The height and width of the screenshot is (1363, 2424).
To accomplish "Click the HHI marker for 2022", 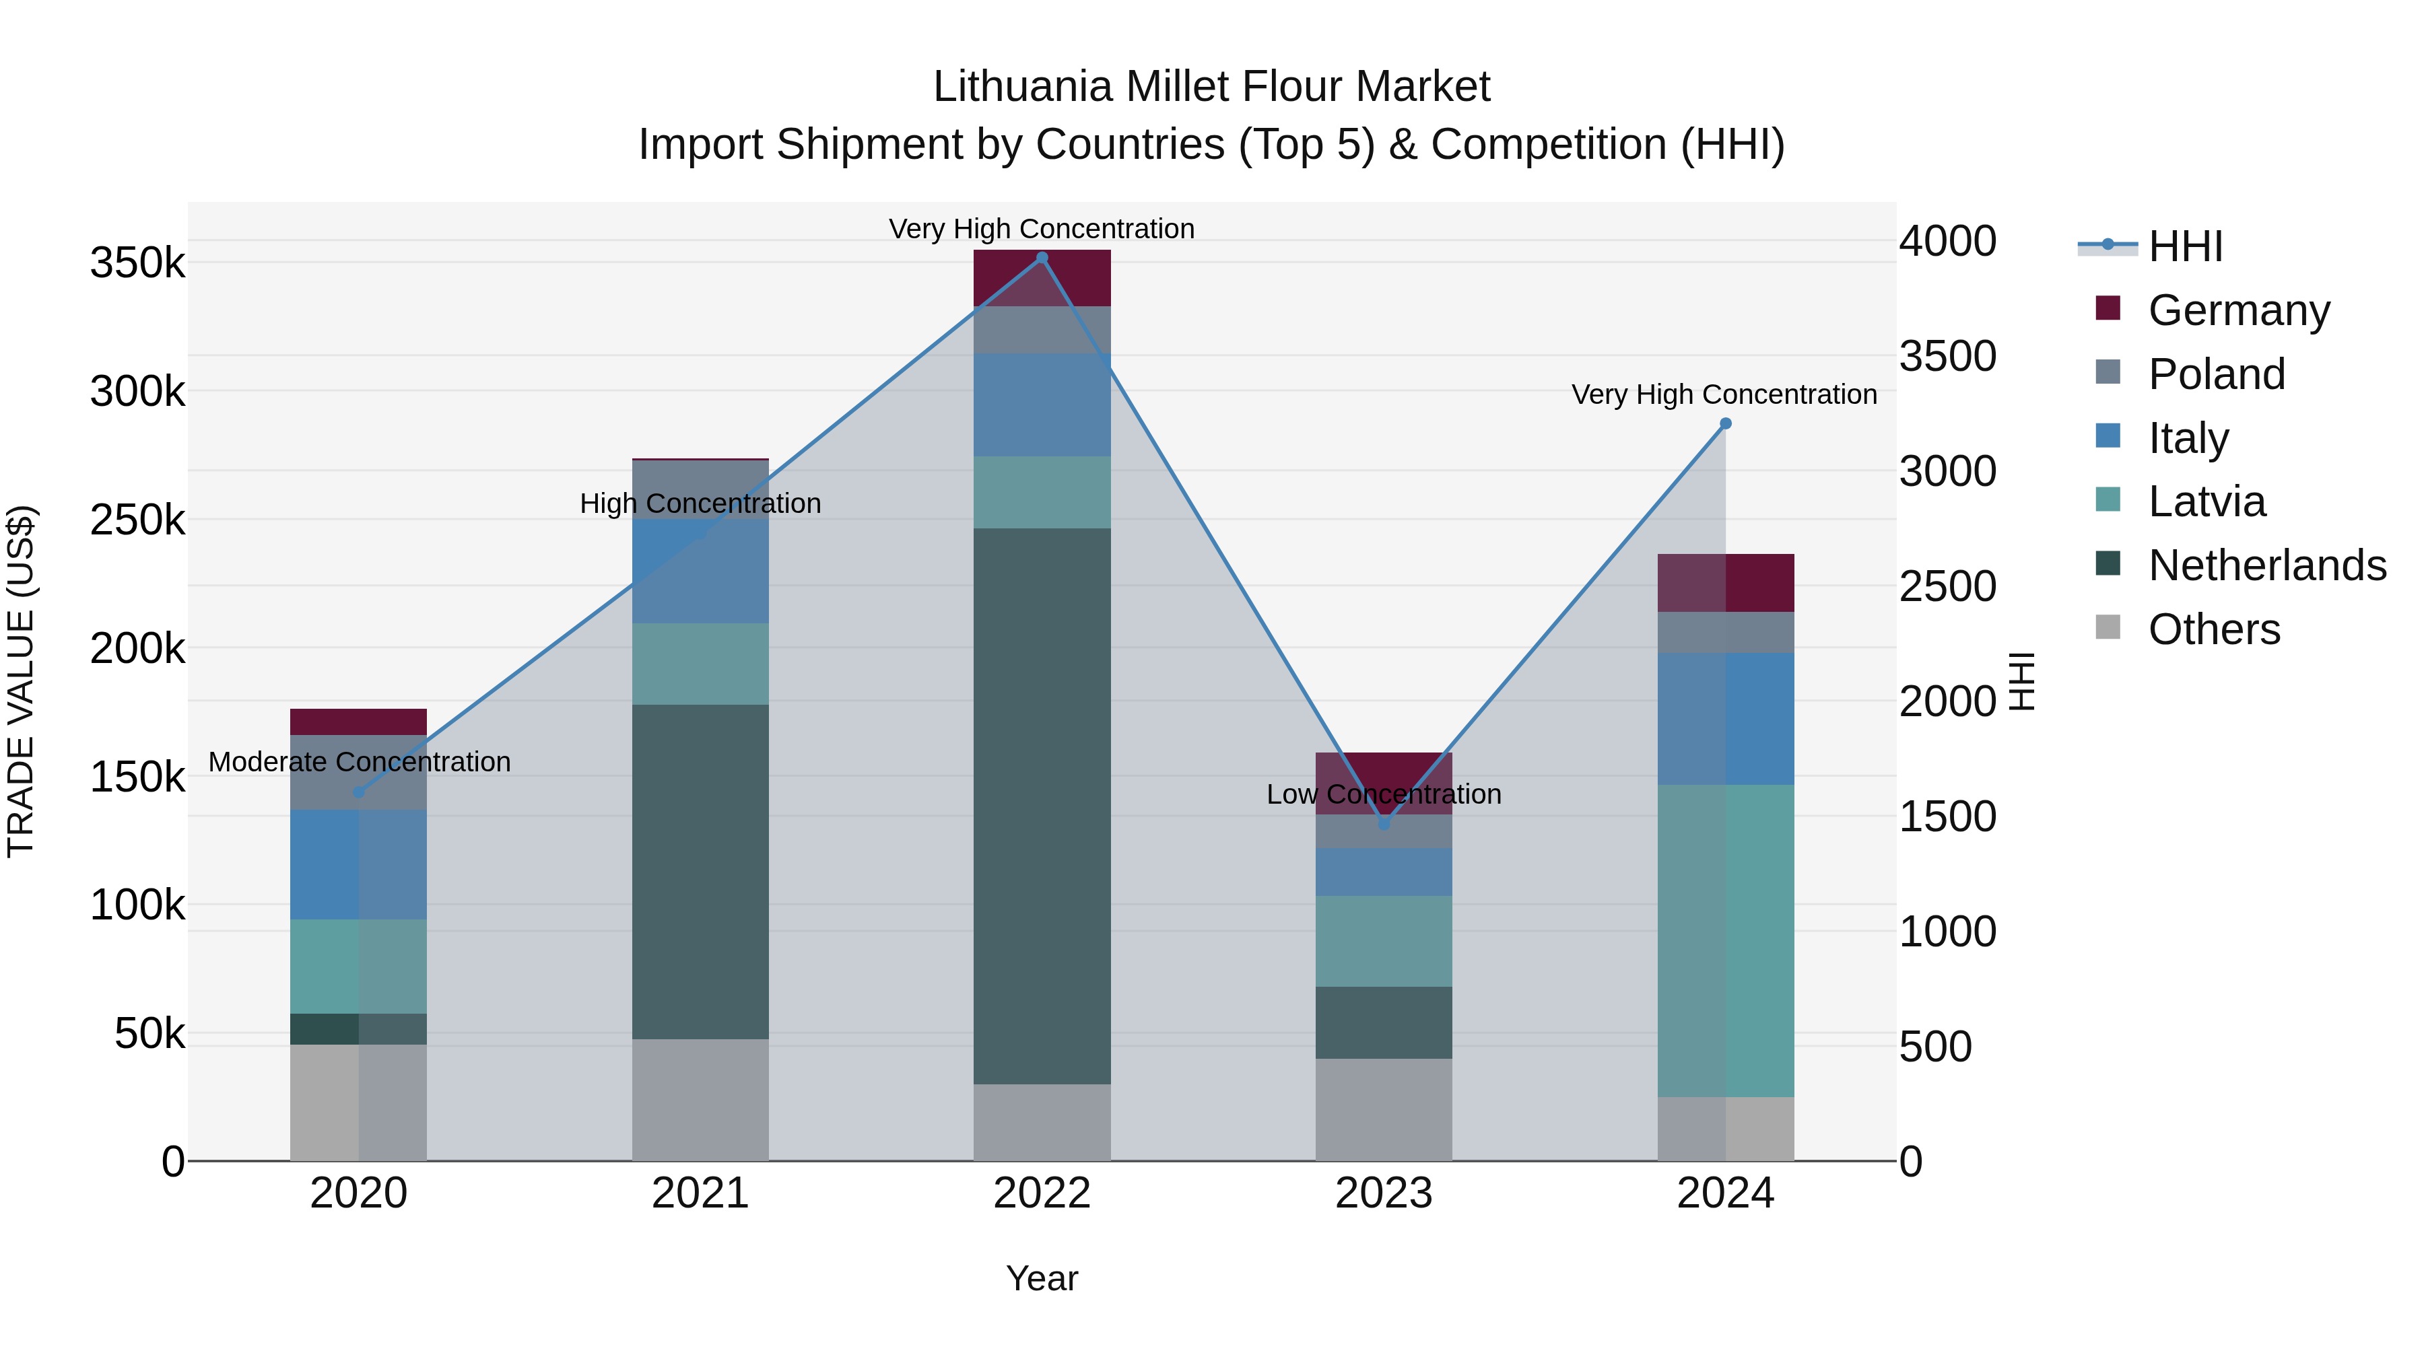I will tap(1042, 258).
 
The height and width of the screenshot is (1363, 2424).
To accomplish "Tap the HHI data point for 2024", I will tap(1725, 424).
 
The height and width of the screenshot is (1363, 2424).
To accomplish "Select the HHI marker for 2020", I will tap(358, 792).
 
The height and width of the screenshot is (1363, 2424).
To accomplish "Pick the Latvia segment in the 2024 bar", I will tap(1725, 941).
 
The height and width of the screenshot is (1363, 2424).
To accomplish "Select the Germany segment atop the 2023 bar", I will tap(1383, 767).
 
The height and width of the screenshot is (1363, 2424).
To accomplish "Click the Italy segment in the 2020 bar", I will tap(358, 864).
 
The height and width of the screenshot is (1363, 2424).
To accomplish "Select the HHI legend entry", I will tap(2185, 246).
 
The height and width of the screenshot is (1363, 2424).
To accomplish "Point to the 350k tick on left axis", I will tap(137, 263).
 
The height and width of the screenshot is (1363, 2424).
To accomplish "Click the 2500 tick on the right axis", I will tap(1947, 587).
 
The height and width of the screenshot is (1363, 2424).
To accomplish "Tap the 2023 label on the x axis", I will tap(1383, 1193).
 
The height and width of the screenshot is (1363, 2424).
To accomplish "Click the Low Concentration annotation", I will tap(1383, 795).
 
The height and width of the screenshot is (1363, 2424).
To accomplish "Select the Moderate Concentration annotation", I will tap(360, 762).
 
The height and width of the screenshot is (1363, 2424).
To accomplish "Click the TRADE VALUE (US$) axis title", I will tap(22, 681).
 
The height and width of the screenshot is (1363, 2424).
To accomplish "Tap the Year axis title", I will tap(1042, 1278).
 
